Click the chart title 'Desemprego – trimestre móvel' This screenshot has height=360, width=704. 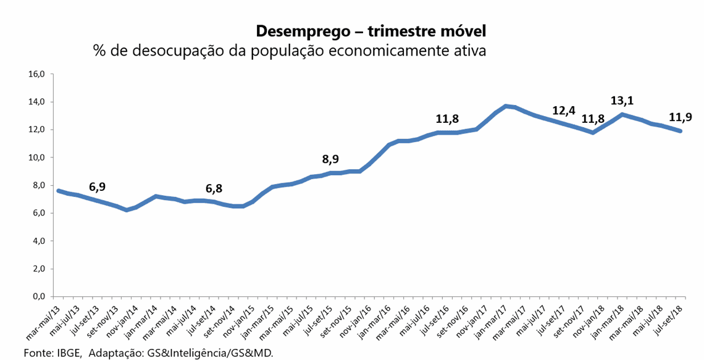[371, 30]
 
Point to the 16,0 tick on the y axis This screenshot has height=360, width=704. [38, 74]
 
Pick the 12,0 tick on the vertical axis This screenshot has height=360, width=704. [38, 130]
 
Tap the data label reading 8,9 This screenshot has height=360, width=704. [330, 159]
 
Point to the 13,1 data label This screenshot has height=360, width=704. [622, 100]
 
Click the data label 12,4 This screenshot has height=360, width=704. [564, 111]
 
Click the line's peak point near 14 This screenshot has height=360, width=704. [506, 106]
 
